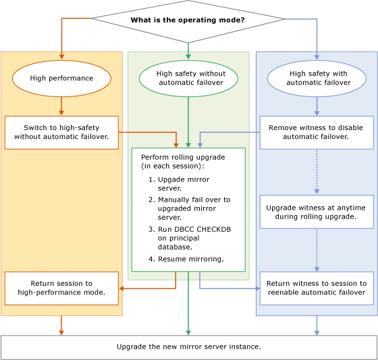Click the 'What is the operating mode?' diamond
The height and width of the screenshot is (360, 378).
click(188, 20)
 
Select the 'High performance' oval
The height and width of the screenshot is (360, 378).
click(61, 78)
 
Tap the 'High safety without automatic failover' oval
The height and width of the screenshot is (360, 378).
click(187, 78)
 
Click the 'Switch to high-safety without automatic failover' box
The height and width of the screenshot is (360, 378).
click(61, 132)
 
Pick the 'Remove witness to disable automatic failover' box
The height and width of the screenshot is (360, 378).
click(316, 132)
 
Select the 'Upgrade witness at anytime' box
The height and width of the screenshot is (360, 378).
click(316, 212)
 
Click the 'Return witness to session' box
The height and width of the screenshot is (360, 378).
click(316, 288)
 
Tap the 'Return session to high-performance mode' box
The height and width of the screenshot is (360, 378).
click(61, 288)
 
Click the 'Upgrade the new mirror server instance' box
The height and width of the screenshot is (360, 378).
click(189, 347)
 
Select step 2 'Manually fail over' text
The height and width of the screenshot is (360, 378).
click(189, 208)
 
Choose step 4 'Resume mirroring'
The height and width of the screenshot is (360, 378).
click(191, 259)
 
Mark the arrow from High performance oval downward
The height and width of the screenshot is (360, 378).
click(61, 105)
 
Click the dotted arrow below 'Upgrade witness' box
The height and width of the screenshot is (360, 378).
click(316, 249)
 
